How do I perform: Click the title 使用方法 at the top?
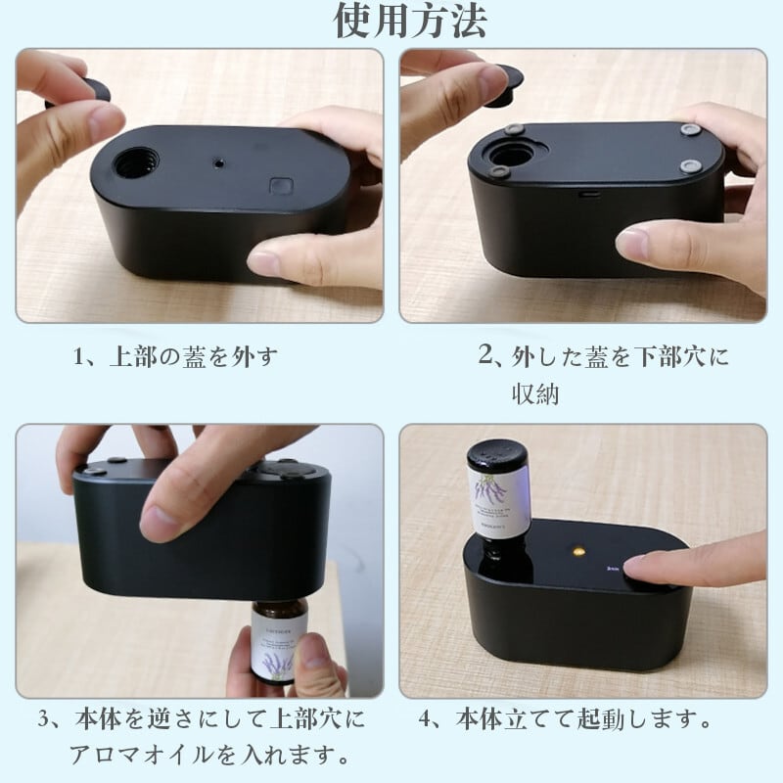[x=410, y=21]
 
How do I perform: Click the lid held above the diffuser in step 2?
[x=504, y=84]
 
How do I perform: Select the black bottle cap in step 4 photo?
[x=497, y=458]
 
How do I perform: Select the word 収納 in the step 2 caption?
[x=535, y=393]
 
